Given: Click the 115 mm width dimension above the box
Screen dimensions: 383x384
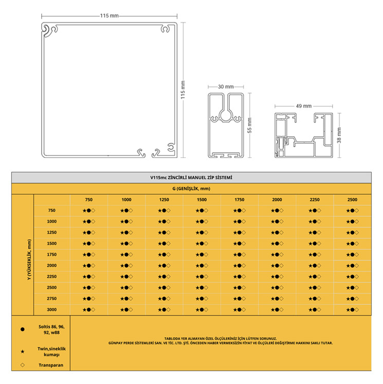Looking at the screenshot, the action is tap(109, 16).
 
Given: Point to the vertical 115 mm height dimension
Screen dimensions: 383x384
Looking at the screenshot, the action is tap(183, 90).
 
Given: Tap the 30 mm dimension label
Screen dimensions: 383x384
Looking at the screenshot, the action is tap(226, 87).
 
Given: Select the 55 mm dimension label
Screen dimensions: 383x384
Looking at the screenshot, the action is tap(249, 125).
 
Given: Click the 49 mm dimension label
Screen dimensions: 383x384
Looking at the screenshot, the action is tap(304, 106).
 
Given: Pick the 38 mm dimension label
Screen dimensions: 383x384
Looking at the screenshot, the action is tap(339, 135).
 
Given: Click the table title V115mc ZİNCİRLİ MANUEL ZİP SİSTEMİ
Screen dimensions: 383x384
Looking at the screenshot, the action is tap(191, 177).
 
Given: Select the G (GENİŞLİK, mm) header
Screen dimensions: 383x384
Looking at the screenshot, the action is tap(191, 189).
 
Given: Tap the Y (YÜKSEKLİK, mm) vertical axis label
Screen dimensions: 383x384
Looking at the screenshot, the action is tap(29, 260).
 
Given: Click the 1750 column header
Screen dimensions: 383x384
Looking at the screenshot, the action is tap(239, 199).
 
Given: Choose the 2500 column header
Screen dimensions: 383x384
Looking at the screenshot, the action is tap(352, 199).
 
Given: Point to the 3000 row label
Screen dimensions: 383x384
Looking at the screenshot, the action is tap(52, 309).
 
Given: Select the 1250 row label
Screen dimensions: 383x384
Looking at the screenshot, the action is tap(52, 232).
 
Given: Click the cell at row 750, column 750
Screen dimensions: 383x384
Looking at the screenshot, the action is tap(88, 211).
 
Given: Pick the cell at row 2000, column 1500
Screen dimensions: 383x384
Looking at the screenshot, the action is tap(202, 266).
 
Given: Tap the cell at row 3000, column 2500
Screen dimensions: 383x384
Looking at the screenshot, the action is tap(352, 310).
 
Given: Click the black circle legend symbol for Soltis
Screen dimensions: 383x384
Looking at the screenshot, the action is tap(23, 330).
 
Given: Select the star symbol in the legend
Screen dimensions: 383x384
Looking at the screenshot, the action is tap(23, 352).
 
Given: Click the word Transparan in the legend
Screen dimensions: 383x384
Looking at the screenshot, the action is tap(51, 365).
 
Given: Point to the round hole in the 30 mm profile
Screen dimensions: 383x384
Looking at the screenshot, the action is tap(226, 115).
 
